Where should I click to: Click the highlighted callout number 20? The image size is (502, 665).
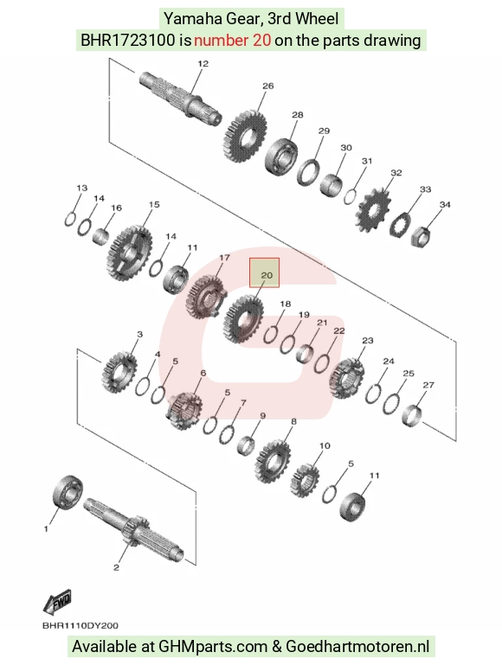pyautogui.click(x=266, y=275)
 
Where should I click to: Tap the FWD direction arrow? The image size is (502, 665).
pyautogui.click(x=57, y=601)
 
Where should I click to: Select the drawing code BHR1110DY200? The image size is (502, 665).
pyautogui.click(x=80, y=625)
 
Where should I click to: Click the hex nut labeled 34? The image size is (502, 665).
pyautogui.click(x=421, y=237)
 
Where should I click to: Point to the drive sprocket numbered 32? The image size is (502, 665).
pyautogui.click(x=372, y=211)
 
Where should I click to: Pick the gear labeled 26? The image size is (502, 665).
pyautogui.click(x=245, y=135)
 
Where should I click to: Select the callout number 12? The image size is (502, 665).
pyautogui.click(x=203, y=64)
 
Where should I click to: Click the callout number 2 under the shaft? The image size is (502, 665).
pyautogui.click(x=116, y=567)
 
